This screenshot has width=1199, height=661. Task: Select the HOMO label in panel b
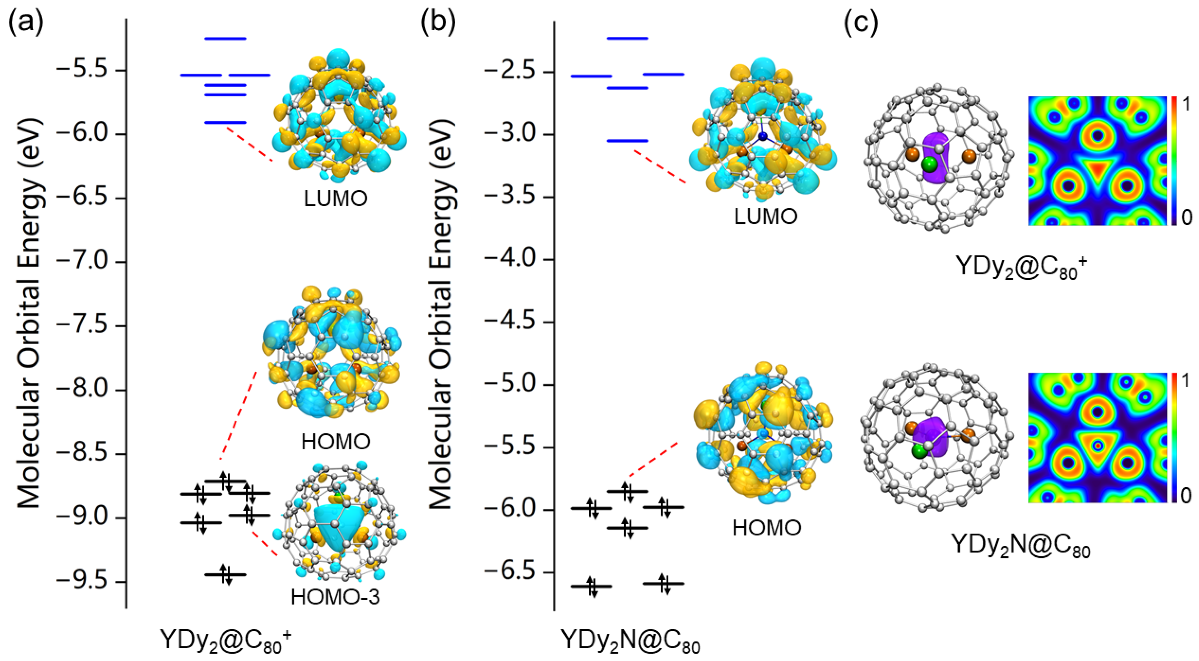[x=767, y=528]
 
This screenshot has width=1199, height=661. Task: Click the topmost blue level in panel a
[x=225, y=39]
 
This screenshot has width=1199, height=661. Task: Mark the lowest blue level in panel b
[x=627, y=140]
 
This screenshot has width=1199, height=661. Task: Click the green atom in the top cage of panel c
[x=929, y=164]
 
